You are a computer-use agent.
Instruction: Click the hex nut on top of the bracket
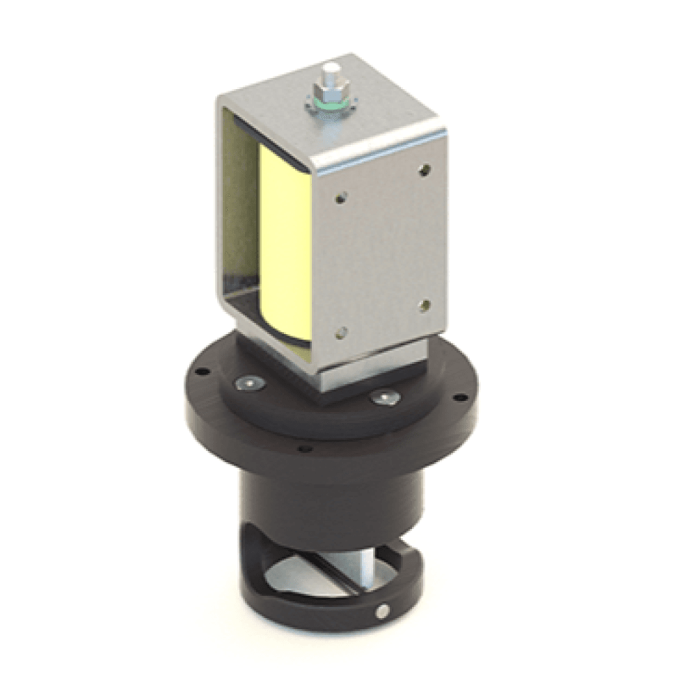point(329,90)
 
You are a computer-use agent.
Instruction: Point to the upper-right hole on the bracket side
point(424,168)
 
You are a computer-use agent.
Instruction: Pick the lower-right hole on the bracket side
point(424,304)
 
